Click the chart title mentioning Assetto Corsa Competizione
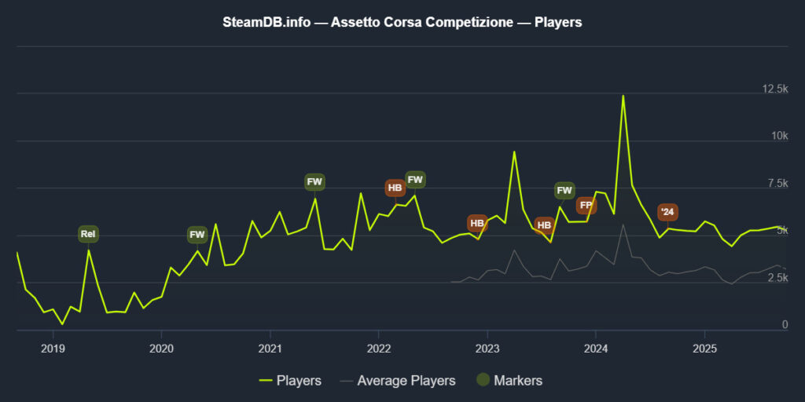pos(402,22)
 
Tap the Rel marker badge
pos(88,234)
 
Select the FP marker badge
pos(586,206)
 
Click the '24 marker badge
pos(667,212)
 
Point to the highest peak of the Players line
pos(623,96)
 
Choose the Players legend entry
pos(290,381)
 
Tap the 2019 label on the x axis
pos(52,349)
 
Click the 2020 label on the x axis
pos(161,349)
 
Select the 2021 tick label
pos(270,349)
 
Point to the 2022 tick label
pos(379,349)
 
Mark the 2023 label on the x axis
pos(487,349)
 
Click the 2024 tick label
pos(596,349)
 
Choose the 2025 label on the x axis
pos(705,349)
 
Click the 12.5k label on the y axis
pos(775,90)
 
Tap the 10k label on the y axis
pos(780,137)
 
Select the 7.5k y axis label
pos(777,184)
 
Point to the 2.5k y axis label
pos(777,278)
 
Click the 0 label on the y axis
pos(785,325)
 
